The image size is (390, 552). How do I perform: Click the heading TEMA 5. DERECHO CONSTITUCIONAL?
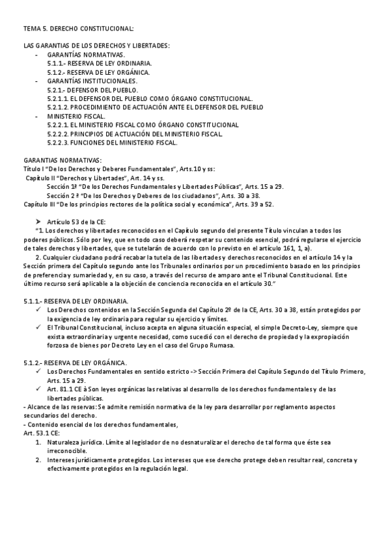pyautogui.click(x=79, y=29)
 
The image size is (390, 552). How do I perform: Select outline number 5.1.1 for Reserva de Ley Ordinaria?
pyautogui.click(x=58, y=63)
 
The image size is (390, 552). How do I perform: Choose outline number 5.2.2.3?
pyautogui.click(x=59, y=142)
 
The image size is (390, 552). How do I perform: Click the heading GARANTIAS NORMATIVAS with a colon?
pyautogui.click(x=62, y=159)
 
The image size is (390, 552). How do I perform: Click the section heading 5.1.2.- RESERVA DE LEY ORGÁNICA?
pyautogui.click(x=74, y=361)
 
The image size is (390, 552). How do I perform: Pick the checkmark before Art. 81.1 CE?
pyautogui.click(x=40, y=389)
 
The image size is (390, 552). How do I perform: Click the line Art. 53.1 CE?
pyautogui.click(x=42, y=432)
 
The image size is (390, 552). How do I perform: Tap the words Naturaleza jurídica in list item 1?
pyautogui.click(x=75, y=441)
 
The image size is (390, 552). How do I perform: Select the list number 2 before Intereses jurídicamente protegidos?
pyautogui.click(x=38, y=460)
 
